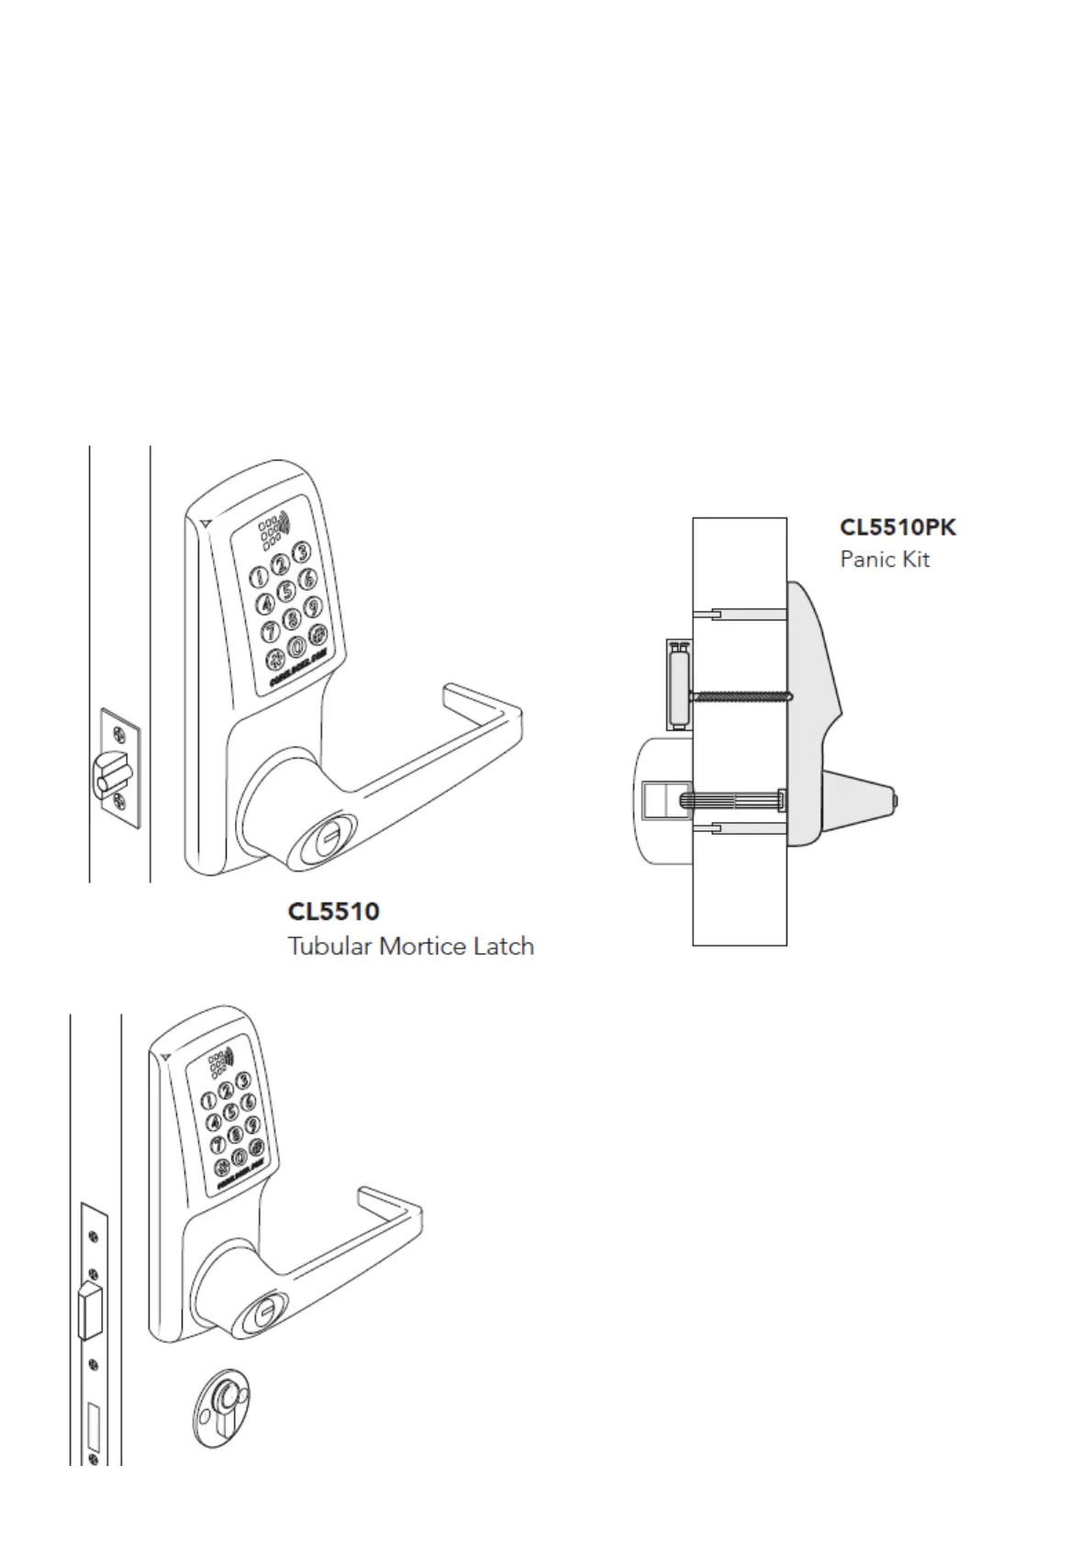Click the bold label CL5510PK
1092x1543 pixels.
897,527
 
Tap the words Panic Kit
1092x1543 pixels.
885,560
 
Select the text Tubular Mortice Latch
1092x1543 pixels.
410,946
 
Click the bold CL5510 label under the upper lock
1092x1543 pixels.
333,912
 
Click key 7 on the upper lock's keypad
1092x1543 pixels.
271,631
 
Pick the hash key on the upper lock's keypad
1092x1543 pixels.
318,633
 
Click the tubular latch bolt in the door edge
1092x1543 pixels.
108,771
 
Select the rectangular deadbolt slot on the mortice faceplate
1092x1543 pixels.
93,1422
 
